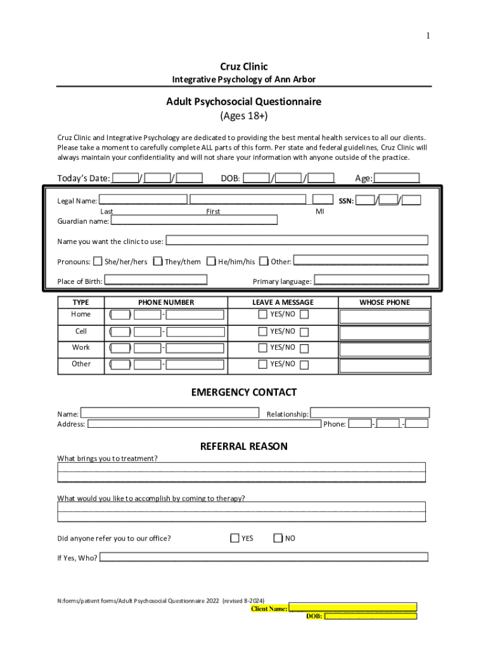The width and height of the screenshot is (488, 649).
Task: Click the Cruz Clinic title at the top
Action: coord(244,67)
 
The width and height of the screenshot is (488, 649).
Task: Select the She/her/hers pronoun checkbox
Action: coord(98,261)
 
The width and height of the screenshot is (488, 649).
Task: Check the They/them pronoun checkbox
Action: coord(158,261)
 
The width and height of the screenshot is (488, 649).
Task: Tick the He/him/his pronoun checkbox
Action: coord(211,261)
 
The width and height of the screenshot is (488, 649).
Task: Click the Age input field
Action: coord(397,178)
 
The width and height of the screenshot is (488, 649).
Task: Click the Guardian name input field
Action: coord(194,221)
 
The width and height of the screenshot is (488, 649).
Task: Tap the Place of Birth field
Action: coord(156,280)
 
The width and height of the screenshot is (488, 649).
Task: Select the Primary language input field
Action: coord(371,280)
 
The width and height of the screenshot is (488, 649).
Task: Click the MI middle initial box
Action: coord(323,200)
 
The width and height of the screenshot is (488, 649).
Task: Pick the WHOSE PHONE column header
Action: coord(385,302)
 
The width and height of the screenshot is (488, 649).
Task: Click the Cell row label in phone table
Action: coord(81,331)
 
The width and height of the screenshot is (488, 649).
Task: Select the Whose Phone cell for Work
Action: coord(385,349)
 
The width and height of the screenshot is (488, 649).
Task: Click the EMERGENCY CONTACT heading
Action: coord(244,392)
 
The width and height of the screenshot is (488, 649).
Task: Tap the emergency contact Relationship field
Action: coord(369,413)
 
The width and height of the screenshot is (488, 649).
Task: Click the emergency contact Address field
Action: coord(204,424)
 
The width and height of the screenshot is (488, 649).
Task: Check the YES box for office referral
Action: coord(234,538)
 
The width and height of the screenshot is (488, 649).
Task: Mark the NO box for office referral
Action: coord(278,538)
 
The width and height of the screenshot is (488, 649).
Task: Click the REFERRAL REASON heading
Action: coord(244,446)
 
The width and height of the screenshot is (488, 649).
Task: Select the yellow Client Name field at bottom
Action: coord(353,607)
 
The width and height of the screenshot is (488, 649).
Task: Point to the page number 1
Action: coord(428,36)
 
